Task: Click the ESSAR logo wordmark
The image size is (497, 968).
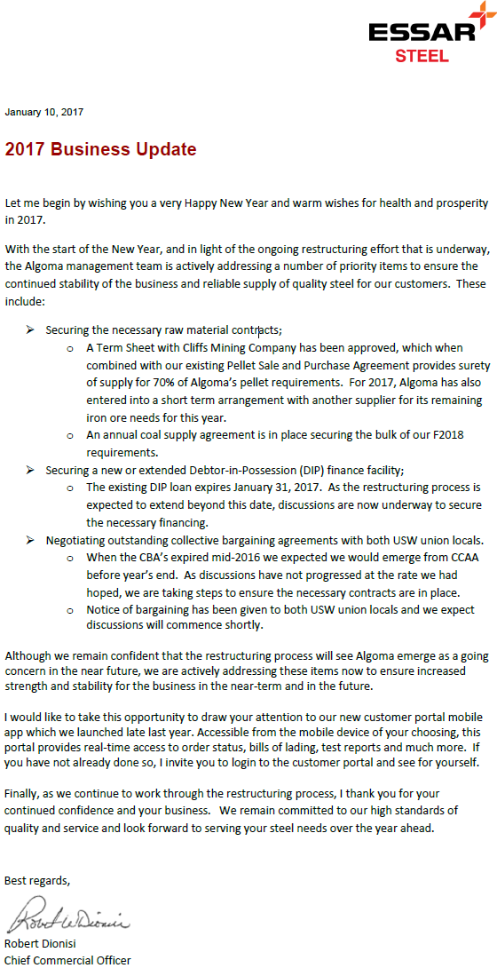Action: coord(422,31)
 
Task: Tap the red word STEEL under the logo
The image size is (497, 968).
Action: coord(422,56)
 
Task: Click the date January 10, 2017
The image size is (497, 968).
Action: coord(44,112)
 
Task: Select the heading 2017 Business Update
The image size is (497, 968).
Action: coord(100,149)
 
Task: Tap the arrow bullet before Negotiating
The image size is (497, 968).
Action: coord(29,540)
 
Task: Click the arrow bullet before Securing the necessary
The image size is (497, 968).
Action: coord(29,329)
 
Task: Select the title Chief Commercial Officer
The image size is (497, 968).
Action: coord(67,959)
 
